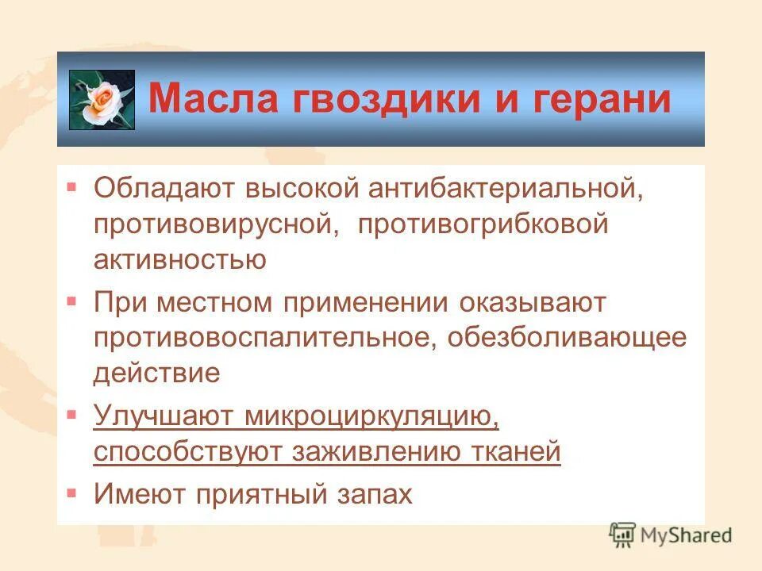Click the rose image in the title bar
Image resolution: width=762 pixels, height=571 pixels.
[x=102, y=100]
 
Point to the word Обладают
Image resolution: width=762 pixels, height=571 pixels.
[x=164, y=188]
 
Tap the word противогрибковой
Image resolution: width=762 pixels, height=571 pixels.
[x=483, y=224]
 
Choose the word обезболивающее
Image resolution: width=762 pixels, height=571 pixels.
[x=567, y=338]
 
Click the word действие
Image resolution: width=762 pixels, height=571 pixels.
[x=156, y=373]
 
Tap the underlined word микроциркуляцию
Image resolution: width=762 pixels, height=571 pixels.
[x=372, y=416]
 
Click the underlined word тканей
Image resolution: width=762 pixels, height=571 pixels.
[x=518, y=452]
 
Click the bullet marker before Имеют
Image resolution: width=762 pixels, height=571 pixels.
[x=72, y=492]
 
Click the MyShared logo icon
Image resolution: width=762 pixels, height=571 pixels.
[x=623, y=535]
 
